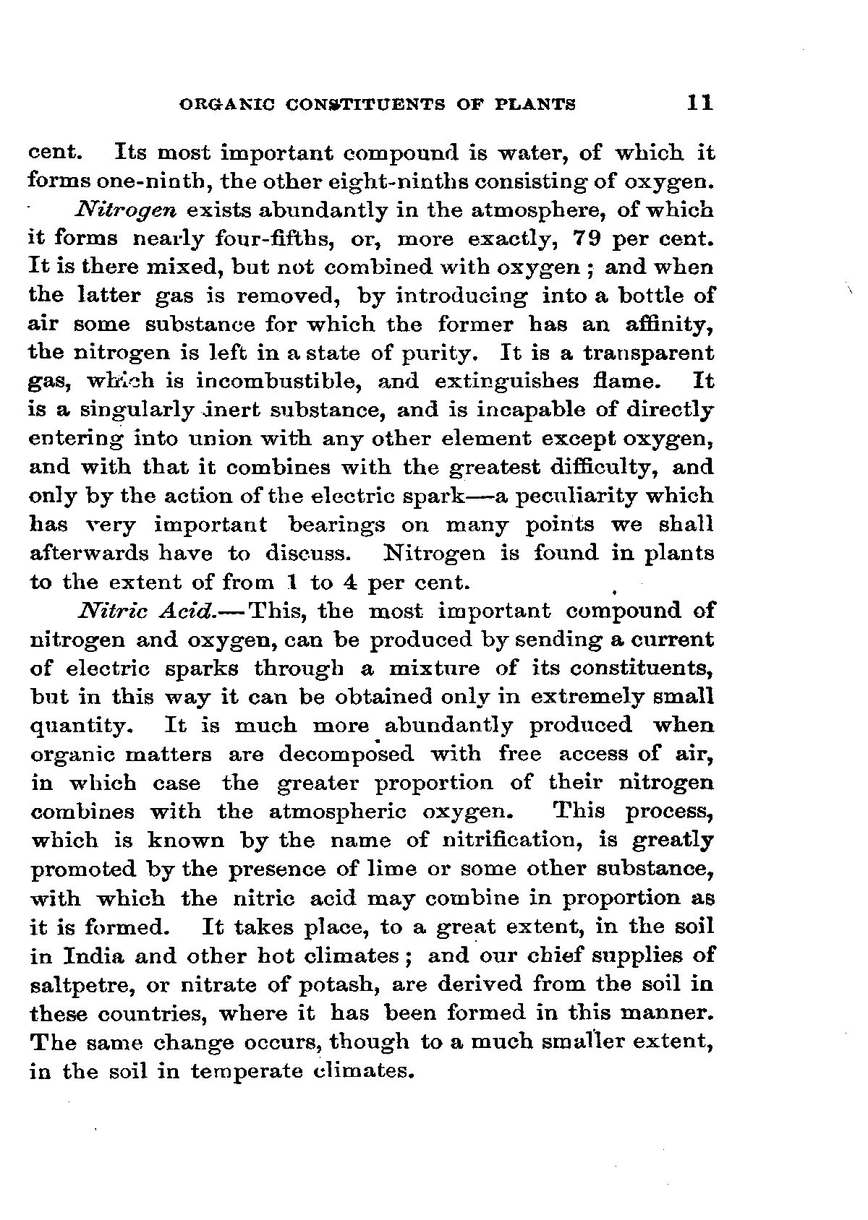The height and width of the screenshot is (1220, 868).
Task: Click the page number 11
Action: (x=700, y=103)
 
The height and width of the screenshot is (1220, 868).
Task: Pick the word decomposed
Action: (x=346, y=755)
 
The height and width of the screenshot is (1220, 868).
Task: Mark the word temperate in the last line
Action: (x=247, y=1071)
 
